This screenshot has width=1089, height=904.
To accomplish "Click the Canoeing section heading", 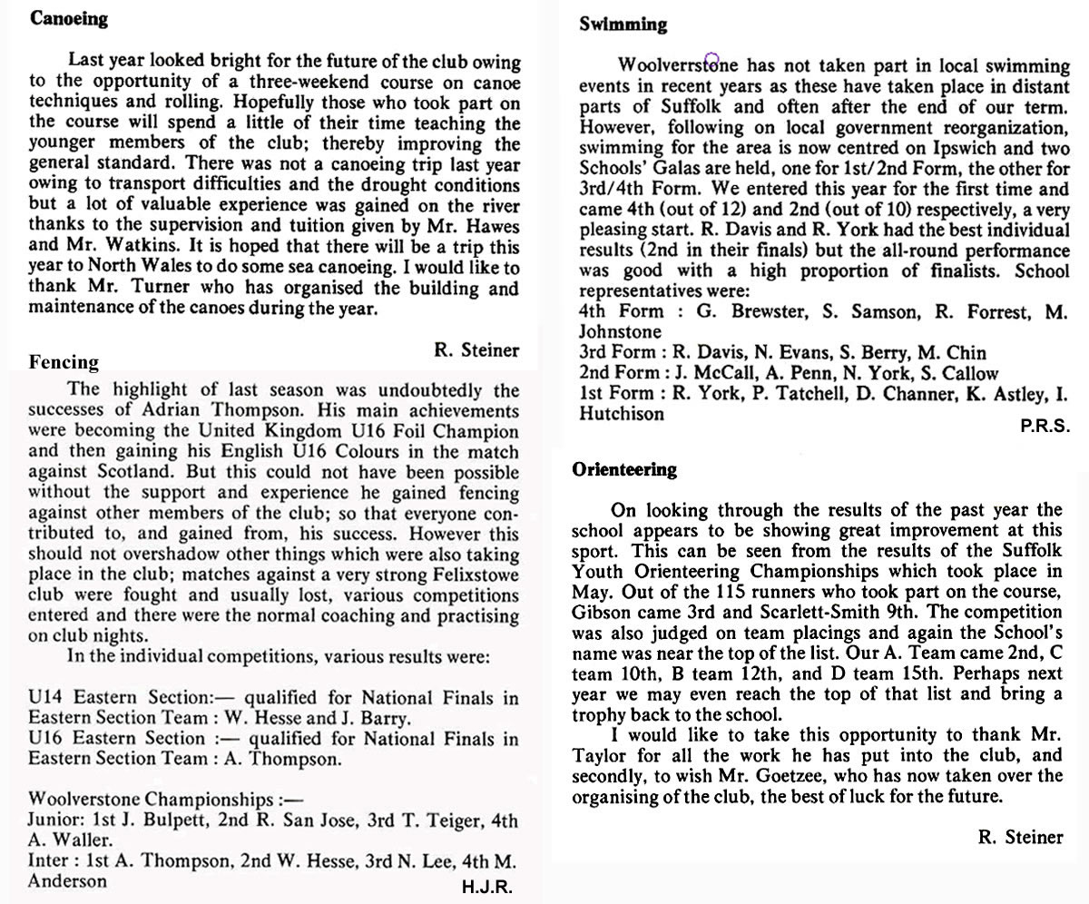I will click(x=69, y=19).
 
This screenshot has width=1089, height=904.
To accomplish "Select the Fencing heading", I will click(x=64, y=362).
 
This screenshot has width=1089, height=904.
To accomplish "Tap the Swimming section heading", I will click(x=623, y=25).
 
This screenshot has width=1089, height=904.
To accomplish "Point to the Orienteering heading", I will click(x=624, y=469).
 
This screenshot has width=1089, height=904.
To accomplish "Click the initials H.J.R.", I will click(x=487, y=888).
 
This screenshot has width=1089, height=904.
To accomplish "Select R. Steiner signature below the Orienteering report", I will click(x=1020, y=837).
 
